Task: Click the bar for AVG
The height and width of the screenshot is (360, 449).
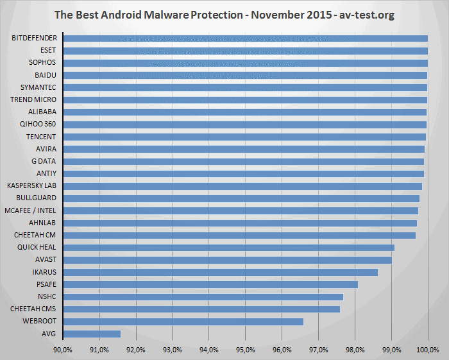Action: [x=91, y=334]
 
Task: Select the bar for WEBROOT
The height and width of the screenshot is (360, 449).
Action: [x=183, y=321]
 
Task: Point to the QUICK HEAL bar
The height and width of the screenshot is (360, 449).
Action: [x=228, y=248]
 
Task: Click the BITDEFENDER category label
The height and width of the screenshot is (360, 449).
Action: [x=34, y=39]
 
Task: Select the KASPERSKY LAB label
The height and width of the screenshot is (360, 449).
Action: [x=31, y=186]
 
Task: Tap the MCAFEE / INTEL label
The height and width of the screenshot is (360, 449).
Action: [x=30, y=210]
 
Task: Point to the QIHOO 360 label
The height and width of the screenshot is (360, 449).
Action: [x=37, y=124]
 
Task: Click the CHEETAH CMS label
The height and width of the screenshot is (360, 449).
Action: [x=33, y=309]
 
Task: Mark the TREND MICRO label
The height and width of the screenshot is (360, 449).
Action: [x=33, y=100]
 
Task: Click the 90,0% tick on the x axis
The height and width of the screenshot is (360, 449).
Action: [x=62, y=350]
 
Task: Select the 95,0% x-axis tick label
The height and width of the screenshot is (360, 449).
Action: [x=246, y=350]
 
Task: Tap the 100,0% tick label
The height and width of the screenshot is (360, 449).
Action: [x=428, y=350]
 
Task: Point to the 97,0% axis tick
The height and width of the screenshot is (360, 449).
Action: [x=319, y=350]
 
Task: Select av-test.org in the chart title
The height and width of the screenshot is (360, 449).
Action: [x=362, y=14]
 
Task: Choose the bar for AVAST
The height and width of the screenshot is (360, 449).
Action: [x=227, y=260]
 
